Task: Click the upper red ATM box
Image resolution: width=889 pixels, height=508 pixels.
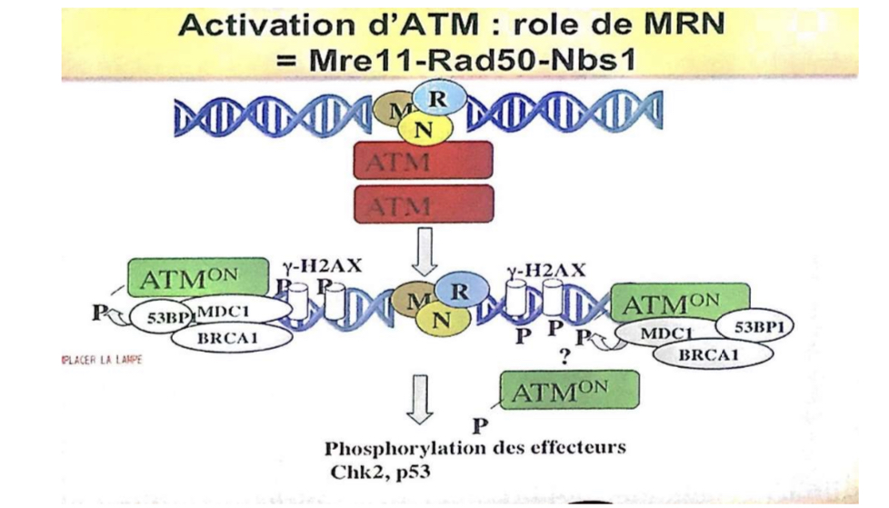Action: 423,160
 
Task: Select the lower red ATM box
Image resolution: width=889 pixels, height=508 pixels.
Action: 423,204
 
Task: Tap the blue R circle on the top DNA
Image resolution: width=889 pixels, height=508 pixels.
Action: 441,96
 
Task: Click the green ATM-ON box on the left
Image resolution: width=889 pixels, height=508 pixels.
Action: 198,276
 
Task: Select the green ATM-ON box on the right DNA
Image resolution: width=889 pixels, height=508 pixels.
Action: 682,302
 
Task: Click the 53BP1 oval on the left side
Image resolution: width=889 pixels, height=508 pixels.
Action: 156,317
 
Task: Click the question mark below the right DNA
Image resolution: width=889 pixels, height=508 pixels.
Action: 564,357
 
